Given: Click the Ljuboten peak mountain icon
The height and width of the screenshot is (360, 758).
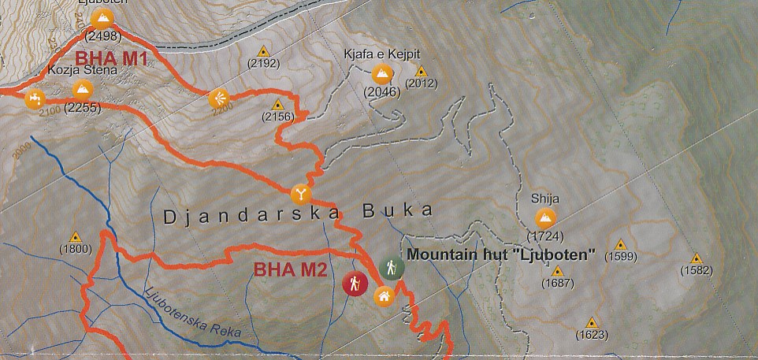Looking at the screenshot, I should point(101,19).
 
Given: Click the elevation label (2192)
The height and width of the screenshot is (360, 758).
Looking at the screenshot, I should point(263,64).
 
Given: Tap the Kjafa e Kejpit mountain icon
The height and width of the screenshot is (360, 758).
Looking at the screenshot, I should point(381,74).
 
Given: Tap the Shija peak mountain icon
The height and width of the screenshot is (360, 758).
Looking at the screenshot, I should point(544,218).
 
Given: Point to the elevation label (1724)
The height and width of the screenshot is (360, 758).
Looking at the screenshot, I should point(544,236).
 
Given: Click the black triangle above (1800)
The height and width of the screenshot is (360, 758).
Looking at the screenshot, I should point(76,236).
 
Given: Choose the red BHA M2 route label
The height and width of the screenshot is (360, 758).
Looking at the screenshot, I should point(280,269).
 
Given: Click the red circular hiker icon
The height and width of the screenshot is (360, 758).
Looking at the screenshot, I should point(355,283).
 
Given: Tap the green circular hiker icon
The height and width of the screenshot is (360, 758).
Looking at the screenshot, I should point(391,268).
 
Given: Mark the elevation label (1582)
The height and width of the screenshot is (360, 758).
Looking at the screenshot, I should point(697,271).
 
